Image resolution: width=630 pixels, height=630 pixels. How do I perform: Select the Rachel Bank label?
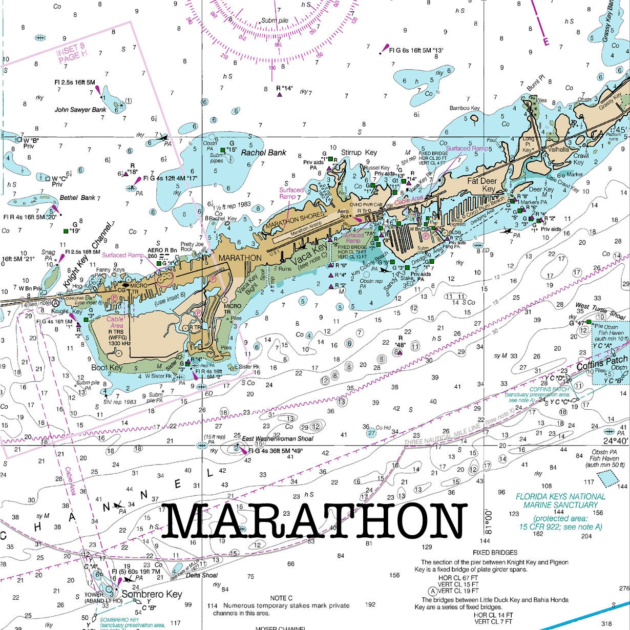coord(263,153)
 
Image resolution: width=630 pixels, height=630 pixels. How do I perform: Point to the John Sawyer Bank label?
coord(80,110)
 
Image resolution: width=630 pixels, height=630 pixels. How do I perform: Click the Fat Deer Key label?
coord(481,185)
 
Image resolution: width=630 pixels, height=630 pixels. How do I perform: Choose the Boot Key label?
coord(107,368)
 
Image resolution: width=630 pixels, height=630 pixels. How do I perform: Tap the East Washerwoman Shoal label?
coord(277,439)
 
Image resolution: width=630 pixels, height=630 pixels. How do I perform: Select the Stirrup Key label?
coord(359,153)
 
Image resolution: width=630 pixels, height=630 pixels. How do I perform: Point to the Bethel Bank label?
coord(77,198)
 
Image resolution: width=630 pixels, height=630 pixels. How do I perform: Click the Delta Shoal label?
coord(201,575)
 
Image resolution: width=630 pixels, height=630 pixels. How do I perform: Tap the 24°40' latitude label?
coord(615,441)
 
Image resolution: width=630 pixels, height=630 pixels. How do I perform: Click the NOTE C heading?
coord(281,598)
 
